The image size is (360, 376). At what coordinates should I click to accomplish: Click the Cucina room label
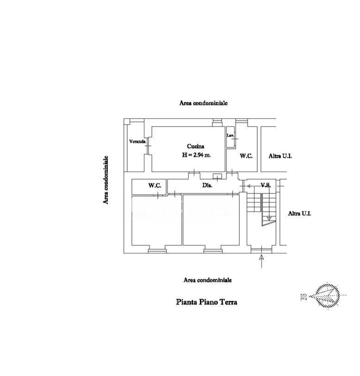(196, 146)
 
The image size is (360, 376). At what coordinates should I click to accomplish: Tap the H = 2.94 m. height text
(196, 155)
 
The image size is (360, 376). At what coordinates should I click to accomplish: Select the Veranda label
(137, 142)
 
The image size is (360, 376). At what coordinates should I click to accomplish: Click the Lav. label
(230, 136)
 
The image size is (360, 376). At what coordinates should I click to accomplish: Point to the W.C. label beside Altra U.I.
(246, 156)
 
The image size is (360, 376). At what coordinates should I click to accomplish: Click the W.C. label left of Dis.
(155, 185)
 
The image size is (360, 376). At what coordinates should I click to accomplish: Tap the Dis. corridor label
(207, 185)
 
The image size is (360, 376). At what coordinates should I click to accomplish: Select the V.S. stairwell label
(266, 185)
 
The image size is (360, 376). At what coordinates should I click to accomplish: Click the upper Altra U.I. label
(280, 156)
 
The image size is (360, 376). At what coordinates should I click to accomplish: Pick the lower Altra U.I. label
(299, 213)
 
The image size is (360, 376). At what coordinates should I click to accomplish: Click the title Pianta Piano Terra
(207, 302)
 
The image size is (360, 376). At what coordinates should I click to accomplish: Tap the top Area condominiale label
(204, 103)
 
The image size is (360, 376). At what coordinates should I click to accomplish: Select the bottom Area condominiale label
(208, 280)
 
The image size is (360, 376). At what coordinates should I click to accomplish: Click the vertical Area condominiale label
(106, 180)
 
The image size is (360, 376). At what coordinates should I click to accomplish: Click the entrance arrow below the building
(261, 261)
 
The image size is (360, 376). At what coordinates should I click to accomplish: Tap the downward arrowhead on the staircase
(269, 218)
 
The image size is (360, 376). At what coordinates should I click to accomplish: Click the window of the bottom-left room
(157, 251)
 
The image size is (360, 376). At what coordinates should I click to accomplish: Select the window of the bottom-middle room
(213, 251)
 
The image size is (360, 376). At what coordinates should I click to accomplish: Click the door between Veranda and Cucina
(148, 146)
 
